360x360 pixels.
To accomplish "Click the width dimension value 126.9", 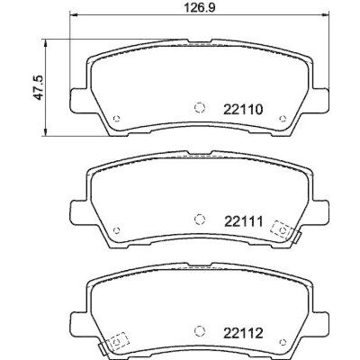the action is pos(200,7).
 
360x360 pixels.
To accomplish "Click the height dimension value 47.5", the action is pos(39,87).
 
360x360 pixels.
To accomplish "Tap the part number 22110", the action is pos(243,110).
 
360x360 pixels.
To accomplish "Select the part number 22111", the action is pos(244,222).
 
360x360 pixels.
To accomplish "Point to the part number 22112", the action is pos(243,333).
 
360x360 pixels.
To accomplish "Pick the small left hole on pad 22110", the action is pos(117,119).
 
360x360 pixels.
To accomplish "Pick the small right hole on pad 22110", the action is pos(283,119).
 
